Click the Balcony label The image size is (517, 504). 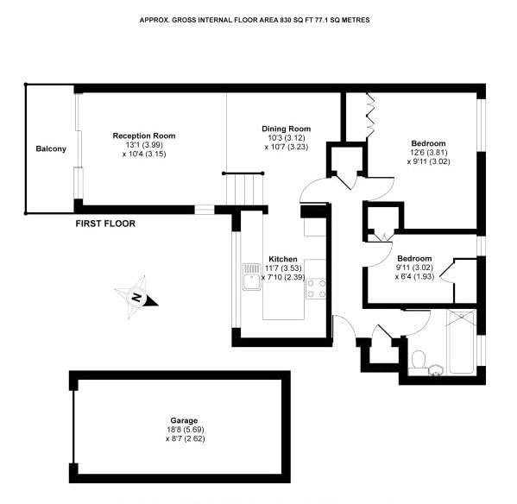click(51, 148)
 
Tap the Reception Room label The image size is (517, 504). click(144, 135)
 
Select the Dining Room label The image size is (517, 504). click(287, 129)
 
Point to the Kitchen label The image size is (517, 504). click(283, 259)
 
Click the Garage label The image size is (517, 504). click(184, 420)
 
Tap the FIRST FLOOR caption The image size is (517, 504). click(105, 224)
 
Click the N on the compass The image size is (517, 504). click(136, 298)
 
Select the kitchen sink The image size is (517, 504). click(252, 276)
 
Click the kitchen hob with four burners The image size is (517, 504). click(316, 289)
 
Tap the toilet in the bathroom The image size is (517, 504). click(419, 359)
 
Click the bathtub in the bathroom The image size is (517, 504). click(461, 342)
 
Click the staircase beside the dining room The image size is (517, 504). click(244, 189)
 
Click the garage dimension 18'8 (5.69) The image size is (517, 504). click(186, 430)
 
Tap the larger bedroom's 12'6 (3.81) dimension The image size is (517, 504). click(429, 152)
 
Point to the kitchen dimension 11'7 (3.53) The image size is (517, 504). click(284, 268)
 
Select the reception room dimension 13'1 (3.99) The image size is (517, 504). click(144, 145)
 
